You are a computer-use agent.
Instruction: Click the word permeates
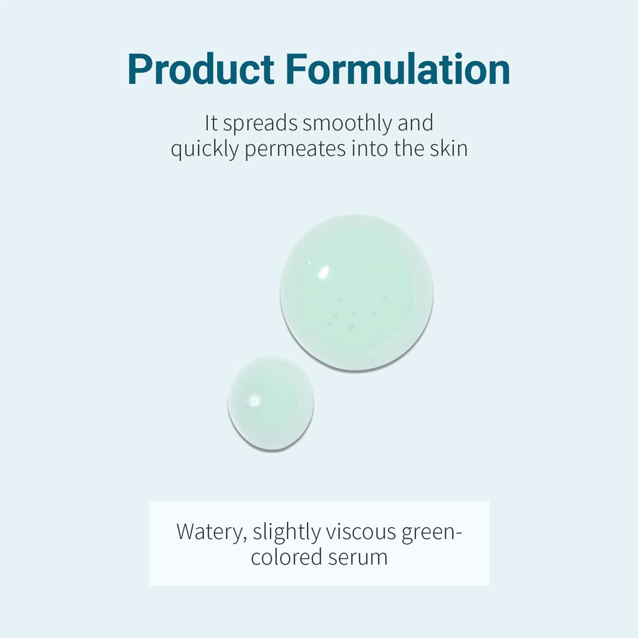pos(296,150)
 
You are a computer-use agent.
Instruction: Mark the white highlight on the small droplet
pos(254,401)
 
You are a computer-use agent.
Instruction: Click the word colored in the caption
pos(286,557)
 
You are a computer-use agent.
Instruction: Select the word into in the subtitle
pos(373,149)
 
